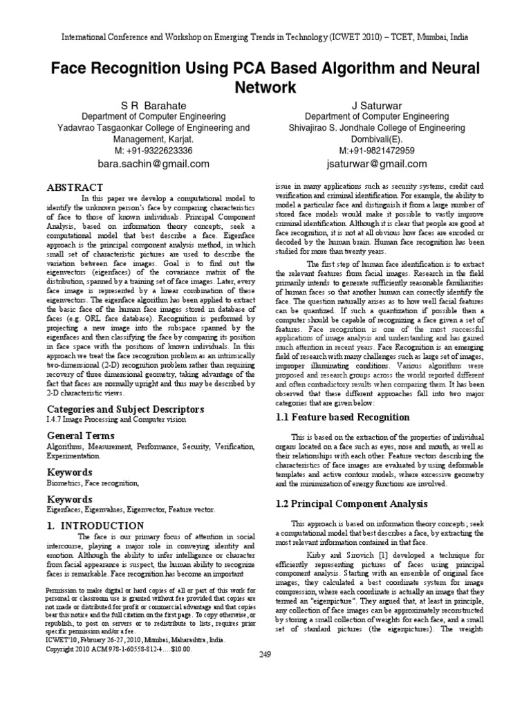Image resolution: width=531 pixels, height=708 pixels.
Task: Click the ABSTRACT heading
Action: point(74,187)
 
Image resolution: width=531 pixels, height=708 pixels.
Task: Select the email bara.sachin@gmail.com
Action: point(153,164)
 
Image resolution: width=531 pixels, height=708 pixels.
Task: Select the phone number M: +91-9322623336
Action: point(153,151)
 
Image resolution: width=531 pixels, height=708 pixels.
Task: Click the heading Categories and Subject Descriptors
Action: point(115,409)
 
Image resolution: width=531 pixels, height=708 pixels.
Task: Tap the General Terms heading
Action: point(80,436)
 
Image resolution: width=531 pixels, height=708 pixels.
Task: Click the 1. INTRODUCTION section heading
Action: point(95,525)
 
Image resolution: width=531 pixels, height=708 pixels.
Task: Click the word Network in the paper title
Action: point(265,88)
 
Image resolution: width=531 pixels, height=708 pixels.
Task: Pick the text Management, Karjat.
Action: point(153,139)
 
